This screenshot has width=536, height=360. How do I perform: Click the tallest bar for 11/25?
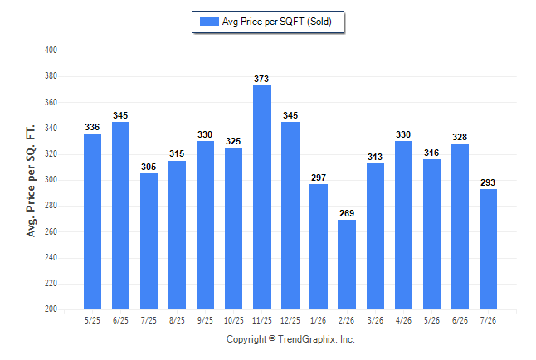(262, 197)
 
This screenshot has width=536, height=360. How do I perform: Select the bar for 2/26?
(347, 265)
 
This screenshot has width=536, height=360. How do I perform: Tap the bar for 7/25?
(149, 241)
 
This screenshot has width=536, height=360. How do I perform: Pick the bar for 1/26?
(319, 247)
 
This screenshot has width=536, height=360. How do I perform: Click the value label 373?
(261, 79)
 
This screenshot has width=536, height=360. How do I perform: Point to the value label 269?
(347, 213)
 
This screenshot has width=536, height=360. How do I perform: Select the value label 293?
(488, 182)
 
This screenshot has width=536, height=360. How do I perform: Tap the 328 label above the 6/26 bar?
(460, 137)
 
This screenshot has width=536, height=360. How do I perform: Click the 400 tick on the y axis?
(51, 51)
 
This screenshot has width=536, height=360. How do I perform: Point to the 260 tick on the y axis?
(51, 231)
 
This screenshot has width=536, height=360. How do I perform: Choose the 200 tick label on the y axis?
(51, 309)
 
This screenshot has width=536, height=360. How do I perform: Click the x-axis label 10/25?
(234, 320)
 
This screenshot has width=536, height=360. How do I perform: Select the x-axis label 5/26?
(431, 320)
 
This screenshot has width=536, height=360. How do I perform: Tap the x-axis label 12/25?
(290, 320)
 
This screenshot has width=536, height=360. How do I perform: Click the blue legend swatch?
(209, 22)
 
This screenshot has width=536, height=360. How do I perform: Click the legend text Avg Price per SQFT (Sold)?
(277, 22)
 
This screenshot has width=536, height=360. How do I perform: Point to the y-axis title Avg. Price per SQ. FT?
(31, 181)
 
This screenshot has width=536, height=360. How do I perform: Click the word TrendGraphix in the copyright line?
(306, 339)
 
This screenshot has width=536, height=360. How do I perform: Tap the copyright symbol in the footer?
(272, 338)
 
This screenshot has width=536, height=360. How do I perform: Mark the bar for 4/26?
(403, 226)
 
